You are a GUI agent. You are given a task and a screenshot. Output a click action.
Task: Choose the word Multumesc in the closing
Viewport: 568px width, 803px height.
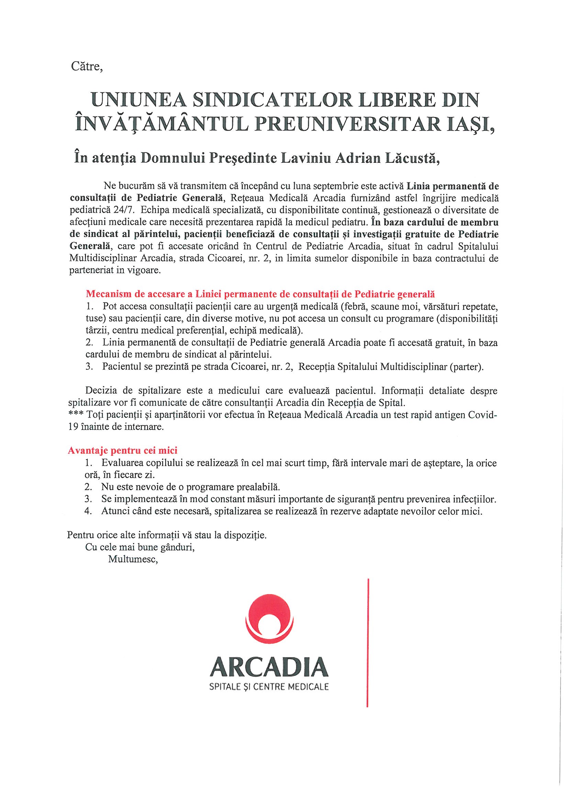click(x=133, y=559)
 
